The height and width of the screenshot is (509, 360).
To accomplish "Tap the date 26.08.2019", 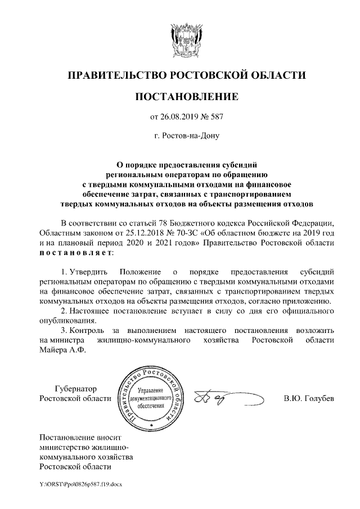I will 179,117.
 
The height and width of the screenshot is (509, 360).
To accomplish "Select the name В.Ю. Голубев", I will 309,399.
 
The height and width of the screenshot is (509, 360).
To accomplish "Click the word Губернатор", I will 76,389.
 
